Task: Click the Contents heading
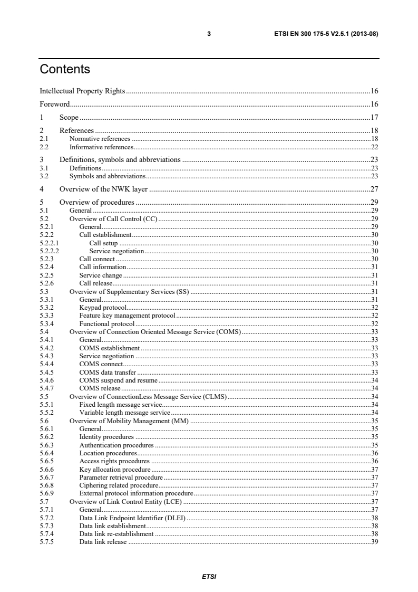click(x=65, y=69)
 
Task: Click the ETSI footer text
click(x=209, y=576)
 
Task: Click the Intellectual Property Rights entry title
click(x=83, y=91)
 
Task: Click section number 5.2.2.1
click(x=48, y=244)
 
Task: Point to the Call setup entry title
click(x=103, y=244)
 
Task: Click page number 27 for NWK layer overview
click(x=375, y=188)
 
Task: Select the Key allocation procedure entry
click(x=114, y=469)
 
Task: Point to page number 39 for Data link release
click(x=375, y=542)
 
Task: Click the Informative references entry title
click(x=101, y=147)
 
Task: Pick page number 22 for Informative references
click(x=375, y=147)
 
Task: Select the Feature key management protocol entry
click(x=127, y=315)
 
